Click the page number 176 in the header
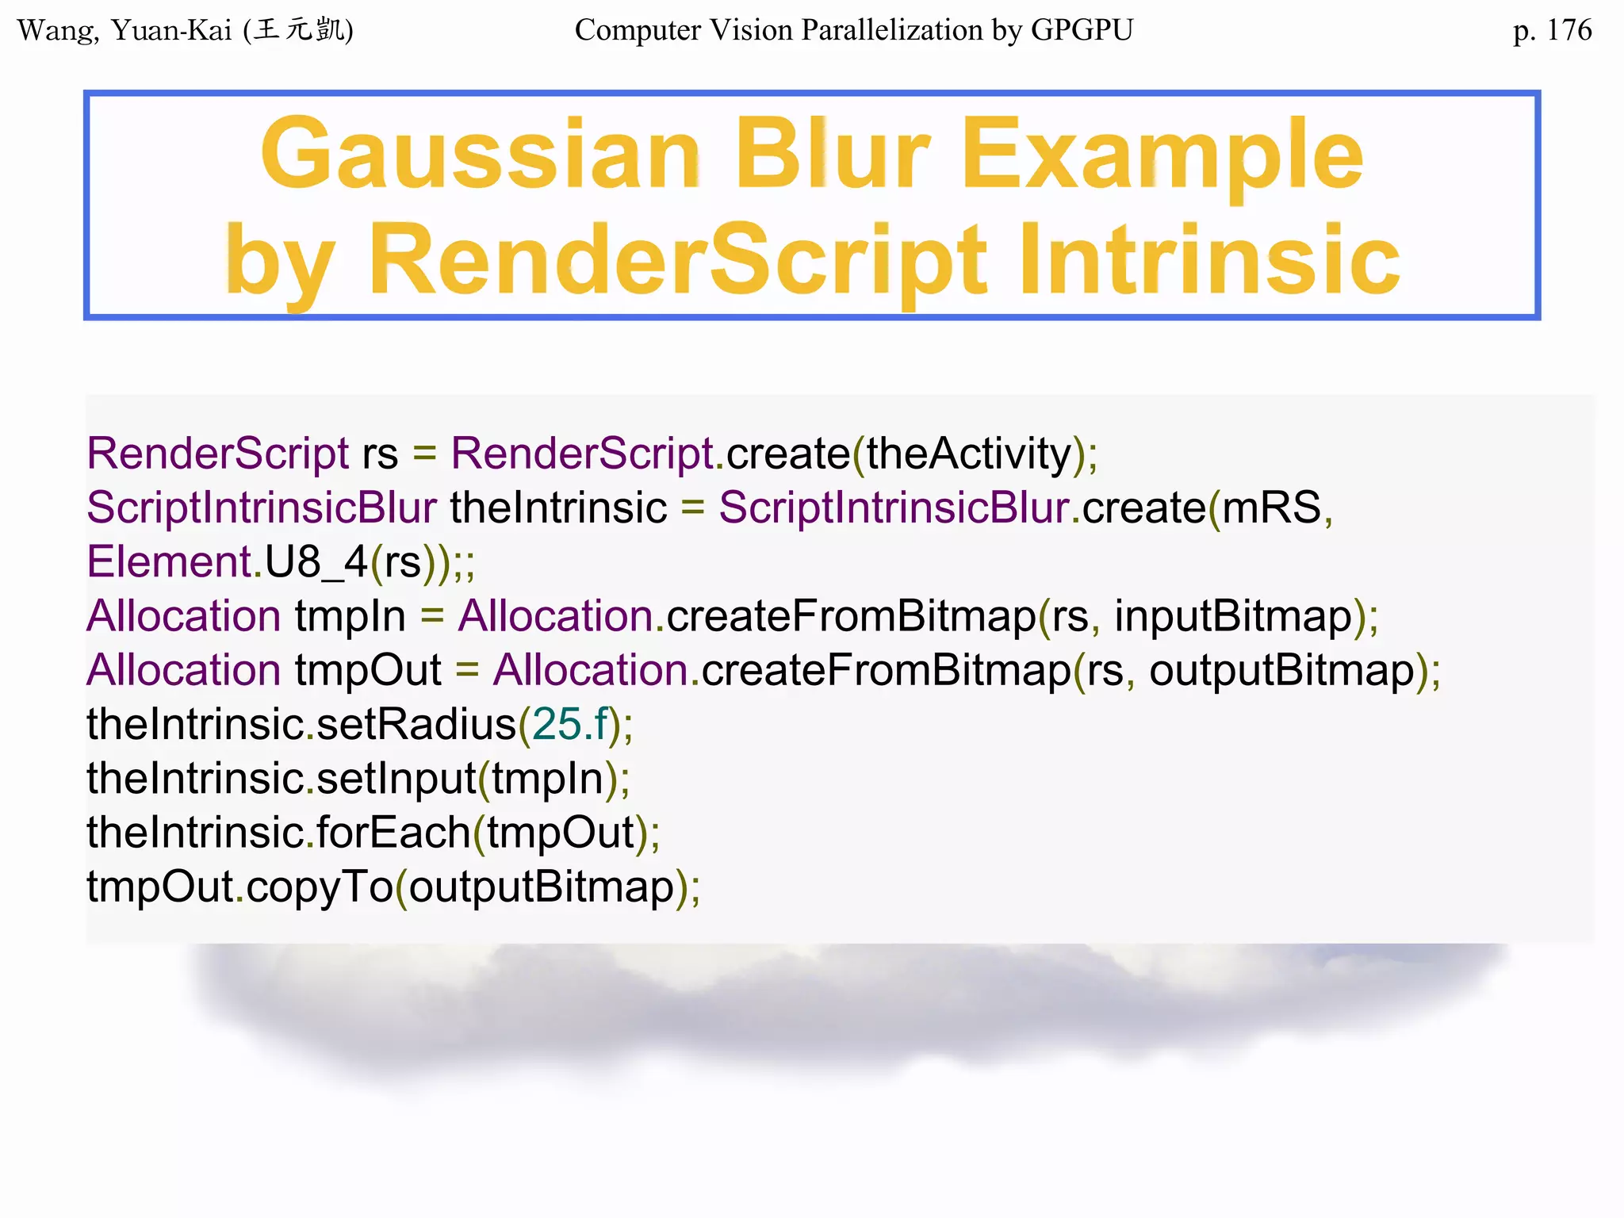pos(1568,30)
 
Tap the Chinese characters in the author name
pos(300,30)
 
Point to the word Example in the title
pos(1162,155)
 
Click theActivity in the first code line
pos(968,454)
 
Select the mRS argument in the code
pos(1271,507)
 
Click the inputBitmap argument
pos(1233,616)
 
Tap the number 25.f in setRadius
pos(569,724)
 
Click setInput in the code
pos(396,778)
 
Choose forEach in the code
pos(393,833)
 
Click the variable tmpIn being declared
pos(350,616)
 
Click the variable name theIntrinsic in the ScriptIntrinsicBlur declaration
pos(558,507)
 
